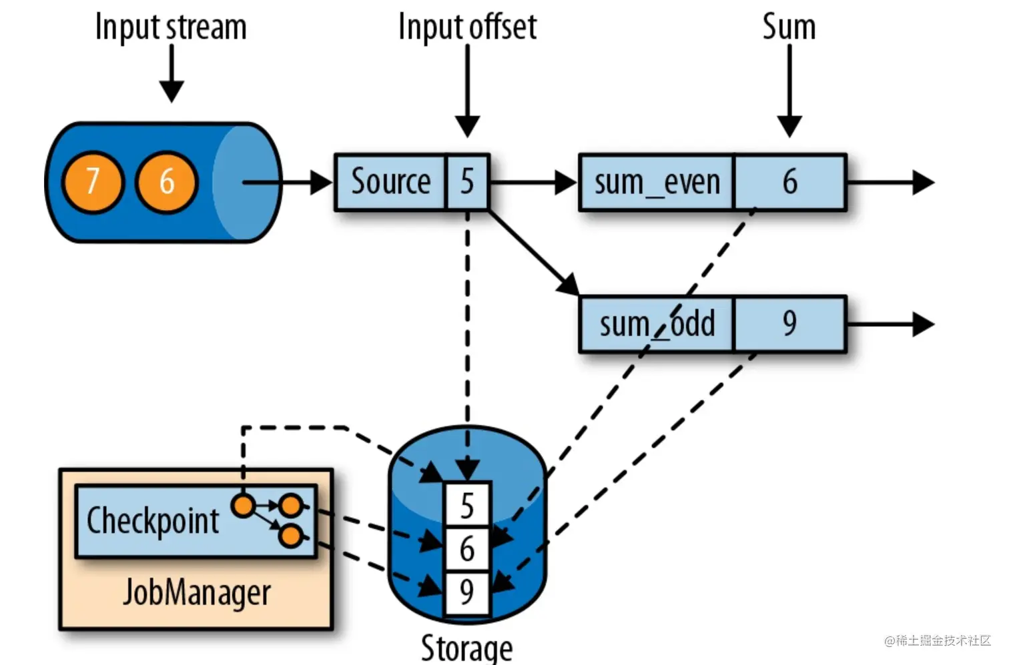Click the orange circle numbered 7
93,182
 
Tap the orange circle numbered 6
167,182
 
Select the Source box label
390,181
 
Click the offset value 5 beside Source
467,182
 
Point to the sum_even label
657,182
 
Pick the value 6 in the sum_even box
789,182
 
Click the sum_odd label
657,323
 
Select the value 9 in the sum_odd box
789,323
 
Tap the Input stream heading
171,27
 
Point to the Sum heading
789,27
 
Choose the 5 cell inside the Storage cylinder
467,505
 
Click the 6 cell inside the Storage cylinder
467,549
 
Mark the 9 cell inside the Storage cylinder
467,592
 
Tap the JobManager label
197,592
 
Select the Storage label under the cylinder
466,648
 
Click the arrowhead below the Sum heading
789,126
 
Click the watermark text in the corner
938,640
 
